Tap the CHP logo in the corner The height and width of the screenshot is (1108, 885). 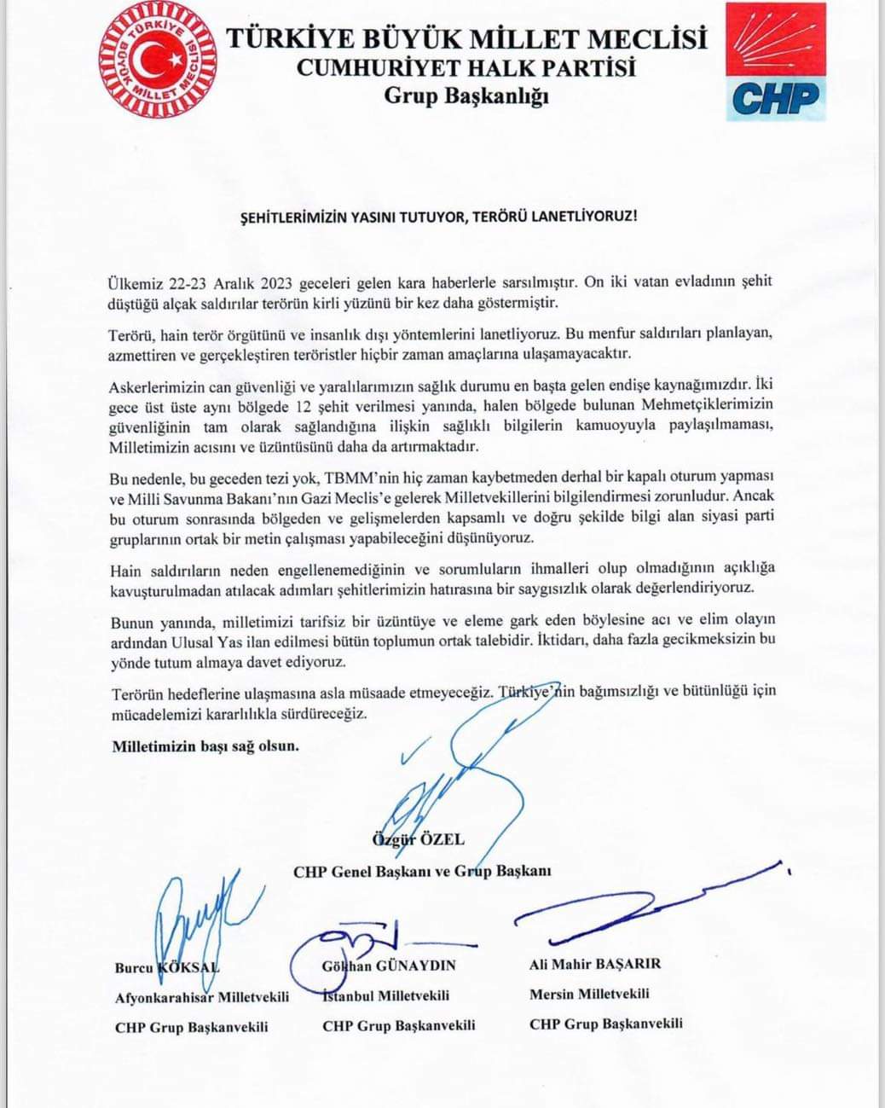pos(776,61)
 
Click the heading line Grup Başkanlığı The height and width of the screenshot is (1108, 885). pos(466,96)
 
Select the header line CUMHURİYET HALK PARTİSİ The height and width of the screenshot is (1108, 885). pos(466,67)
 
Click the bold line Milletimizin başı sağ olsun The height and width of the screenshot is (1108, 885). pos(205,746)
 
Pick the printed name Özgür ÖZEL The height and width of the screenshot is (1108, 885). pos(419,839)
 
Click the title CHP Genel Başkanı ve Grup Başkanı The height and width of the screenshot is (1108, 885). pos(422,872)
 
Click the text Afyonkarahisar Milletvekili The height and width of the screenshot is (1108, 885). pos(202,996)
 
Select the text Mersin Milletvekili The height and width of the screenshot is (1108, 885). pos(589,994)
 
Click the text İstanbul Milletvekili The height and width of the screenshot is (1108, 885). pos(386,995)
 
